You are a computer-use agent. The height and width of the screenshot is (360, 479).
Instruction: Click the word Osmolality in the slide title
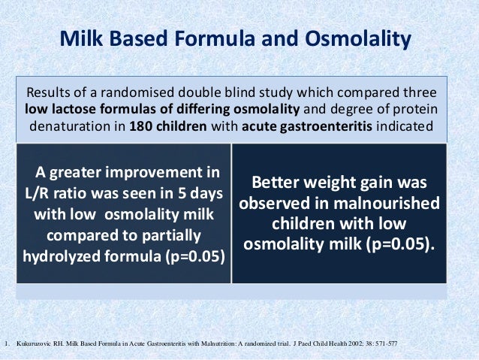(358, 39)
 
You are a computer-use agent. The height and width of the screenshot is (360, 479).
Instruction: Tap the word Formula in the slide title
(212, 38)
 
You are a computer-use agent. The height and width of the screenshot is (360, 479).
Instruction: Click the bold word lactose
(74, 109)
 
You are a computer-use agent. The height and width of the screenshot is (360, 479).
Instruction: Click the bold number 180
(140, 126)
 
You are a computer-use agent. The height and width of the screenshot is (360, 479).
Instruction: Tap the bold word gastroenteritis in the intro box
(326, 126)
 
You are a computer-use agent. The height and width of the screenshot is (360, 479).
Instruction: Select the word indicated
(405, 126)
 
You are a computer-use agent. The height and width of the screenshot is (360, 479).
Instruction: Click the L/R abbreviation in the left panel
(37, 194)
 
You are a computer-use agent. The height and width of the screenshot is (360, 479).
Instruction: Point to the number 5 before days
(182, 194)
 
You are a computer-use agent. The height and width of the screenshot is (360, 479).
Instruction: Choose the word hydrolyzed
(62, 256)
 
